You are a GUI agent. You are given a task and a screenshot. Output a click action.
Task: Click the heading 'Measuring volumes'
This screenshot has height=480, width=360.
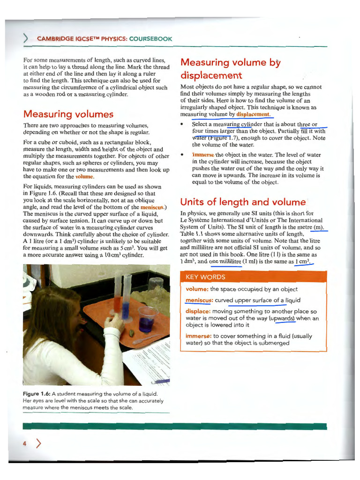pos(68,114)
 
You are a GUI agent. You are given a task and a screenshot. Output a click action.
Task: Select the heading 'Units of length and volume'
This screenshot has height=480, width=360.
pos(243,202)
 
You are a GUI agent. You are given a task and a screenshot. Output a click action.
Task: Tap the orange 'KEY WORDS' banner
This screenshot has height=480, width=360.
pos(206,277)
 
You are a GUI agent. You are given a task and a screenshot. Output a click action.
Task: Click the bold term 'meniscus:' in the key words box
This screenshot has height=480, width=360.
pos(199,300)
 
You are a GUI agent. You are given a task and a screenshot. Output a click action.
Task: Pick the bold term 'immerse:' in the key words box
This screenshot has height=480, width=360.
pos(198,336)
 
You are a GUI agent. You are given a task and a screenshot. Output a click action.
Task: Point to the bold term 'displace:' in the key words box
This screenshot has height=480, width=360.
pos(198,311)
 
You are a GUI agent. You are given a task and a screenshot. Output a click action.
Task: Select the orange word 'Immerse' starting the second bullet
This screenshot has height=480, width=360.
pos(203,155)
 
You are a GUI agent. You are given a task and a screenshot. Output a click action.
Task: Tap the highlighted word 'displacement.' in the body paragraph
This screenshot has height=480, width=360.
pos(254,114)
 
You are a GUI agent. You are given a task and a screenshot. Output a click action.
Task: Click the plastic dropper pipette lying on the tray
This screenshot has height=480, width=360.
pos(145,339)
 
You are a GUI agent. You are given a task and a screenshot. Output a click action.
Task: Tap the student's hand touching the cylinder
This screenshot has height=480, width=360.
pos(112,323)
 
